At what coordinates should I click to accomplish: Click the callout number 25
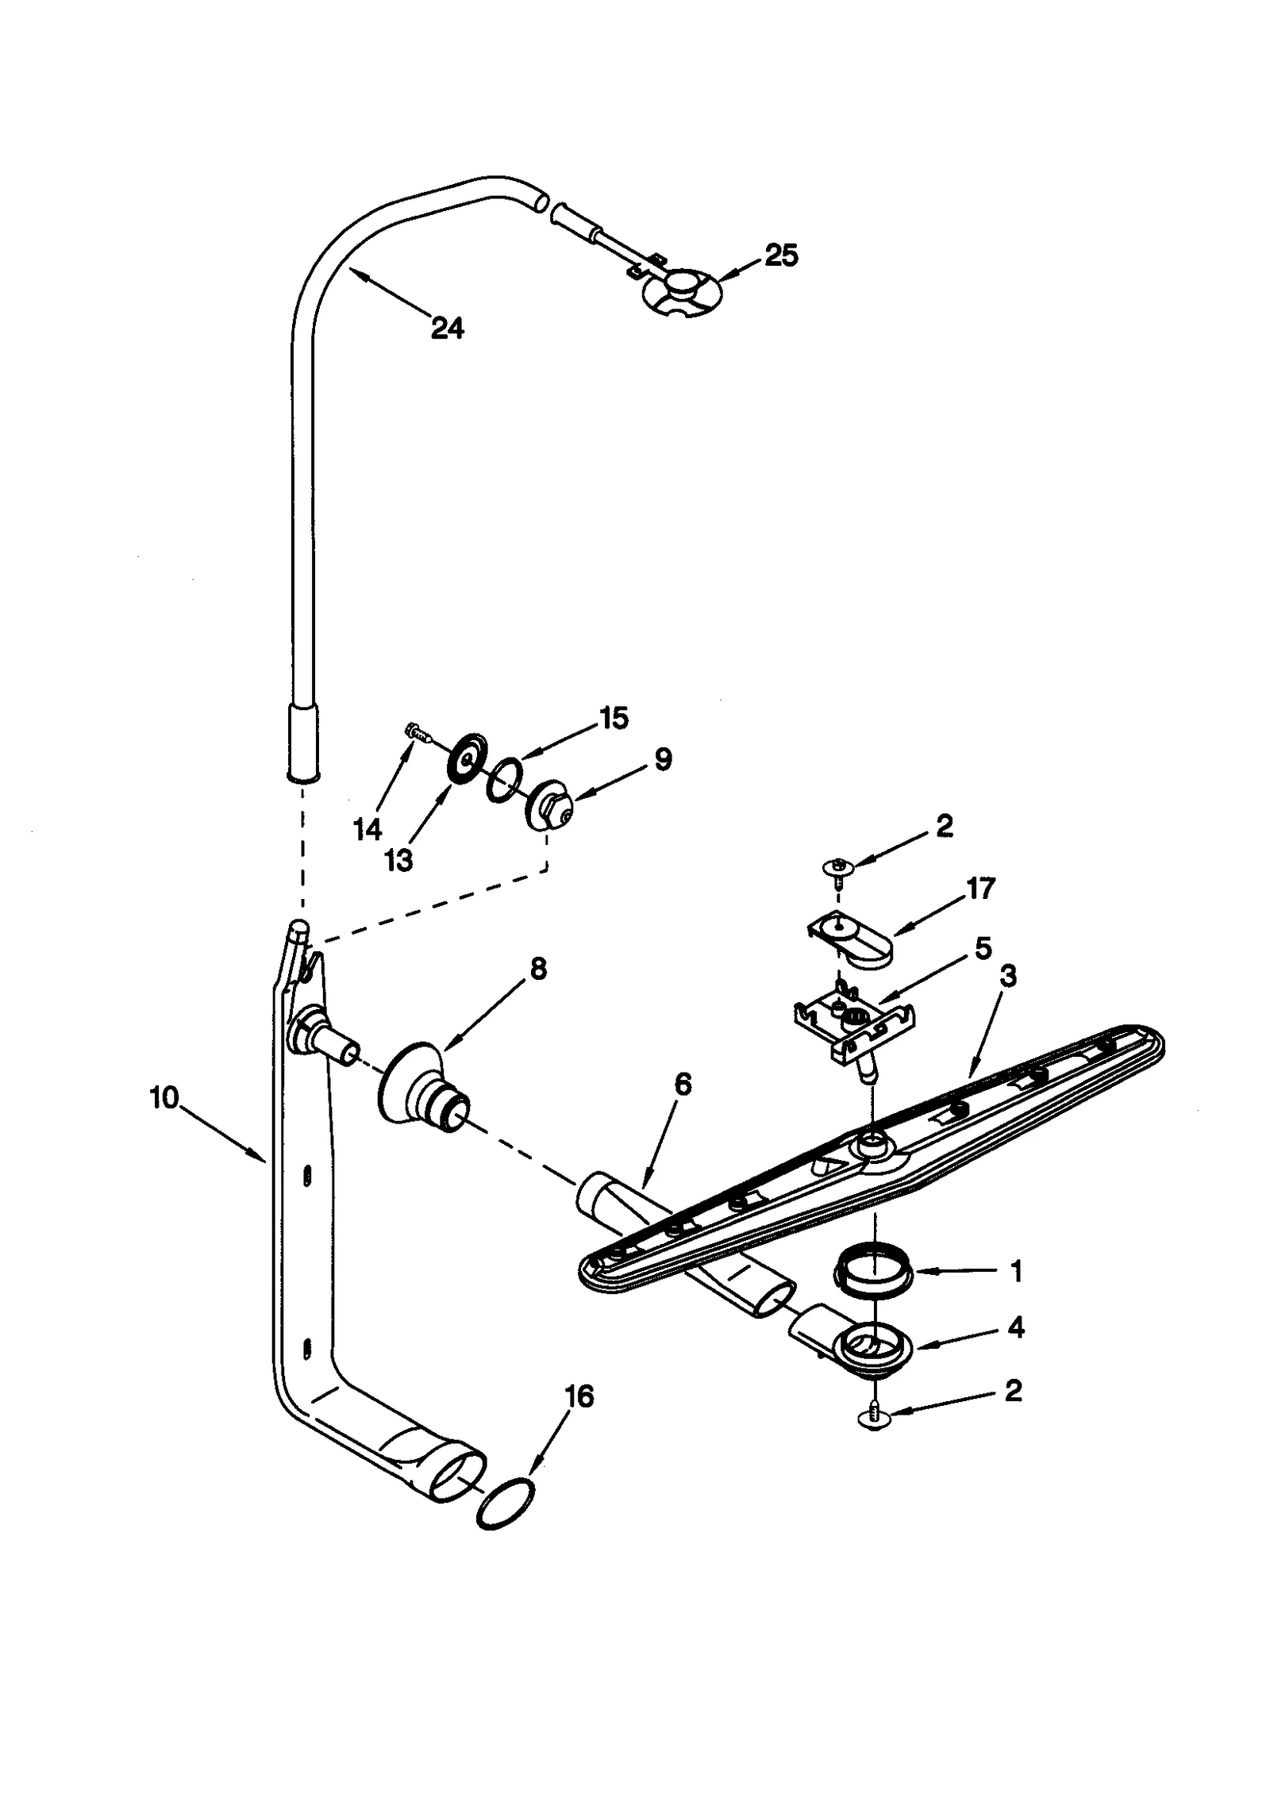[780, 255]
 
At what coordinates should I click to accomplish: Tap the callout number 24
[447, 328]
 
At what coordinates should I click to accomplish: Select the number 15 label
[613, 718]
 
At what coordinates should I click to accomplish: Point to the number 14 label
[368, 830]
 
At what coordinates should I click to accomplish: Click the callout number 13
[398, 862]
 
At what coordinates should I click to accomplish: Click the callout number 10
[164, 1099]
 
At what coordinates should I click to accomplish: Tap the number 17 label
[980, 889]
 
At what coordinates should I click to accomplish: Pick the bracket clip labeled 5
[853, 1024]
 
